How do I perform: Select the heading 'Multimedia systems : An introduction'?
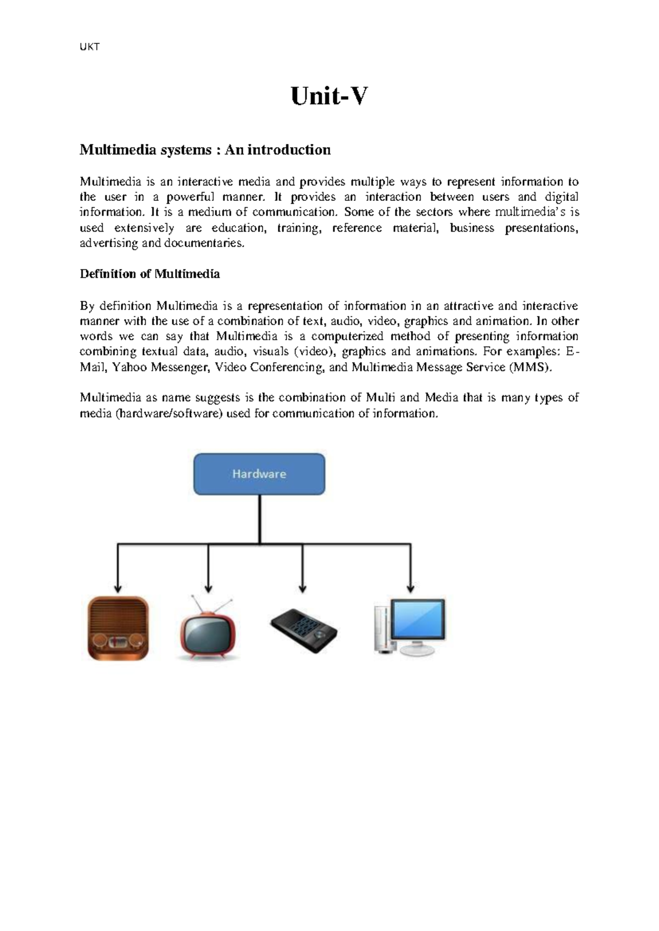pos(205,150)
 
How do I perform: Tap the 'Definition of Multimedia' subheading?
pos(150,274)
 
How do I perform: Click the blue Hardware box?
pos(259,474)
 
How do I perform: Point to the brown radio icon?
pos(118,628)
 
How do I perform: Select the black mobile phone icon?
pos(304,630)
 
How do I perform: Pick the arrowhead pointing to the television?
pos(208,587)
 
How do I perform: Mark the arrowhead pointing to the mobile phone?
pos(302,587)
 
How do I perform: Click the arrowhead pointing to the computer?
pos(410,587)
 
